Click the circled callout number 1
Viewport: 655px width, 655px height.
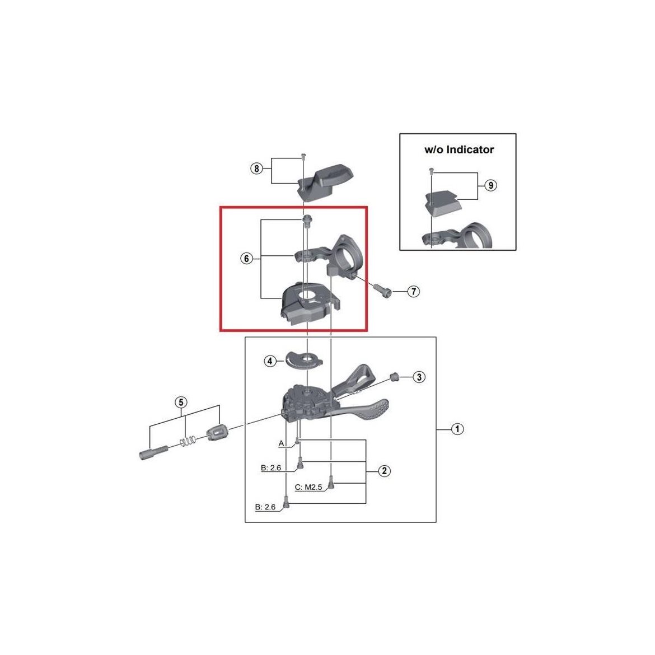click(457, 429)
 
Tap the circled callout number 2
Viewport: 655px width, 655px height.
click(384, 471)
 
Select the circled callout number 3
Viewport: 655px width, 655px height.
click(419, 377)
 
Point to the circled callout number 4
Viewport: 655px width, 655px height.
click(270, 361)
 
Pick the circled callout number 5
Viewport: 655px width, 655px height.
click(181, 403)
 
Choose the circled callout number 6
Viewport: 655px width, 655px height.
click(246, 259)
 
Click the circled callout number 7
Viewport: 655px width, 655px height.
click(413, 291)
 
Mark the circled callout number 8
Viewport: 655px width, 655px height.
click(256, 169)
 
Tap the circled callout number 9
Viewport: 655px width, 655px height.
click(491, 185)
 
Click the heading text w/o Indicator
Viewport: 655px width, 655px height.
click(459, 149)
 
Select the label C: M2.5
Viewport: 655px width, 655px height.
click(308, 488)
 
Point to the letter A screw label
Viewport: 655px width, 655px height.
click(281, 443)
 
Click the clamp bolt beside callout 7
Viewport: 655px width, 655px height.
click(383, 289)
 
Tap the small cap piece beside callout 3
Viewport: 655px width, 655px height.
click(392, 377)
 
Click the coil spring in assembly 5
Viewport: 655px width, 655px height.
click(188, 440)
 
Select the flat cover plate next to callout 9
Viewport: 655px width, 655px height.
click(442, 202)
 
